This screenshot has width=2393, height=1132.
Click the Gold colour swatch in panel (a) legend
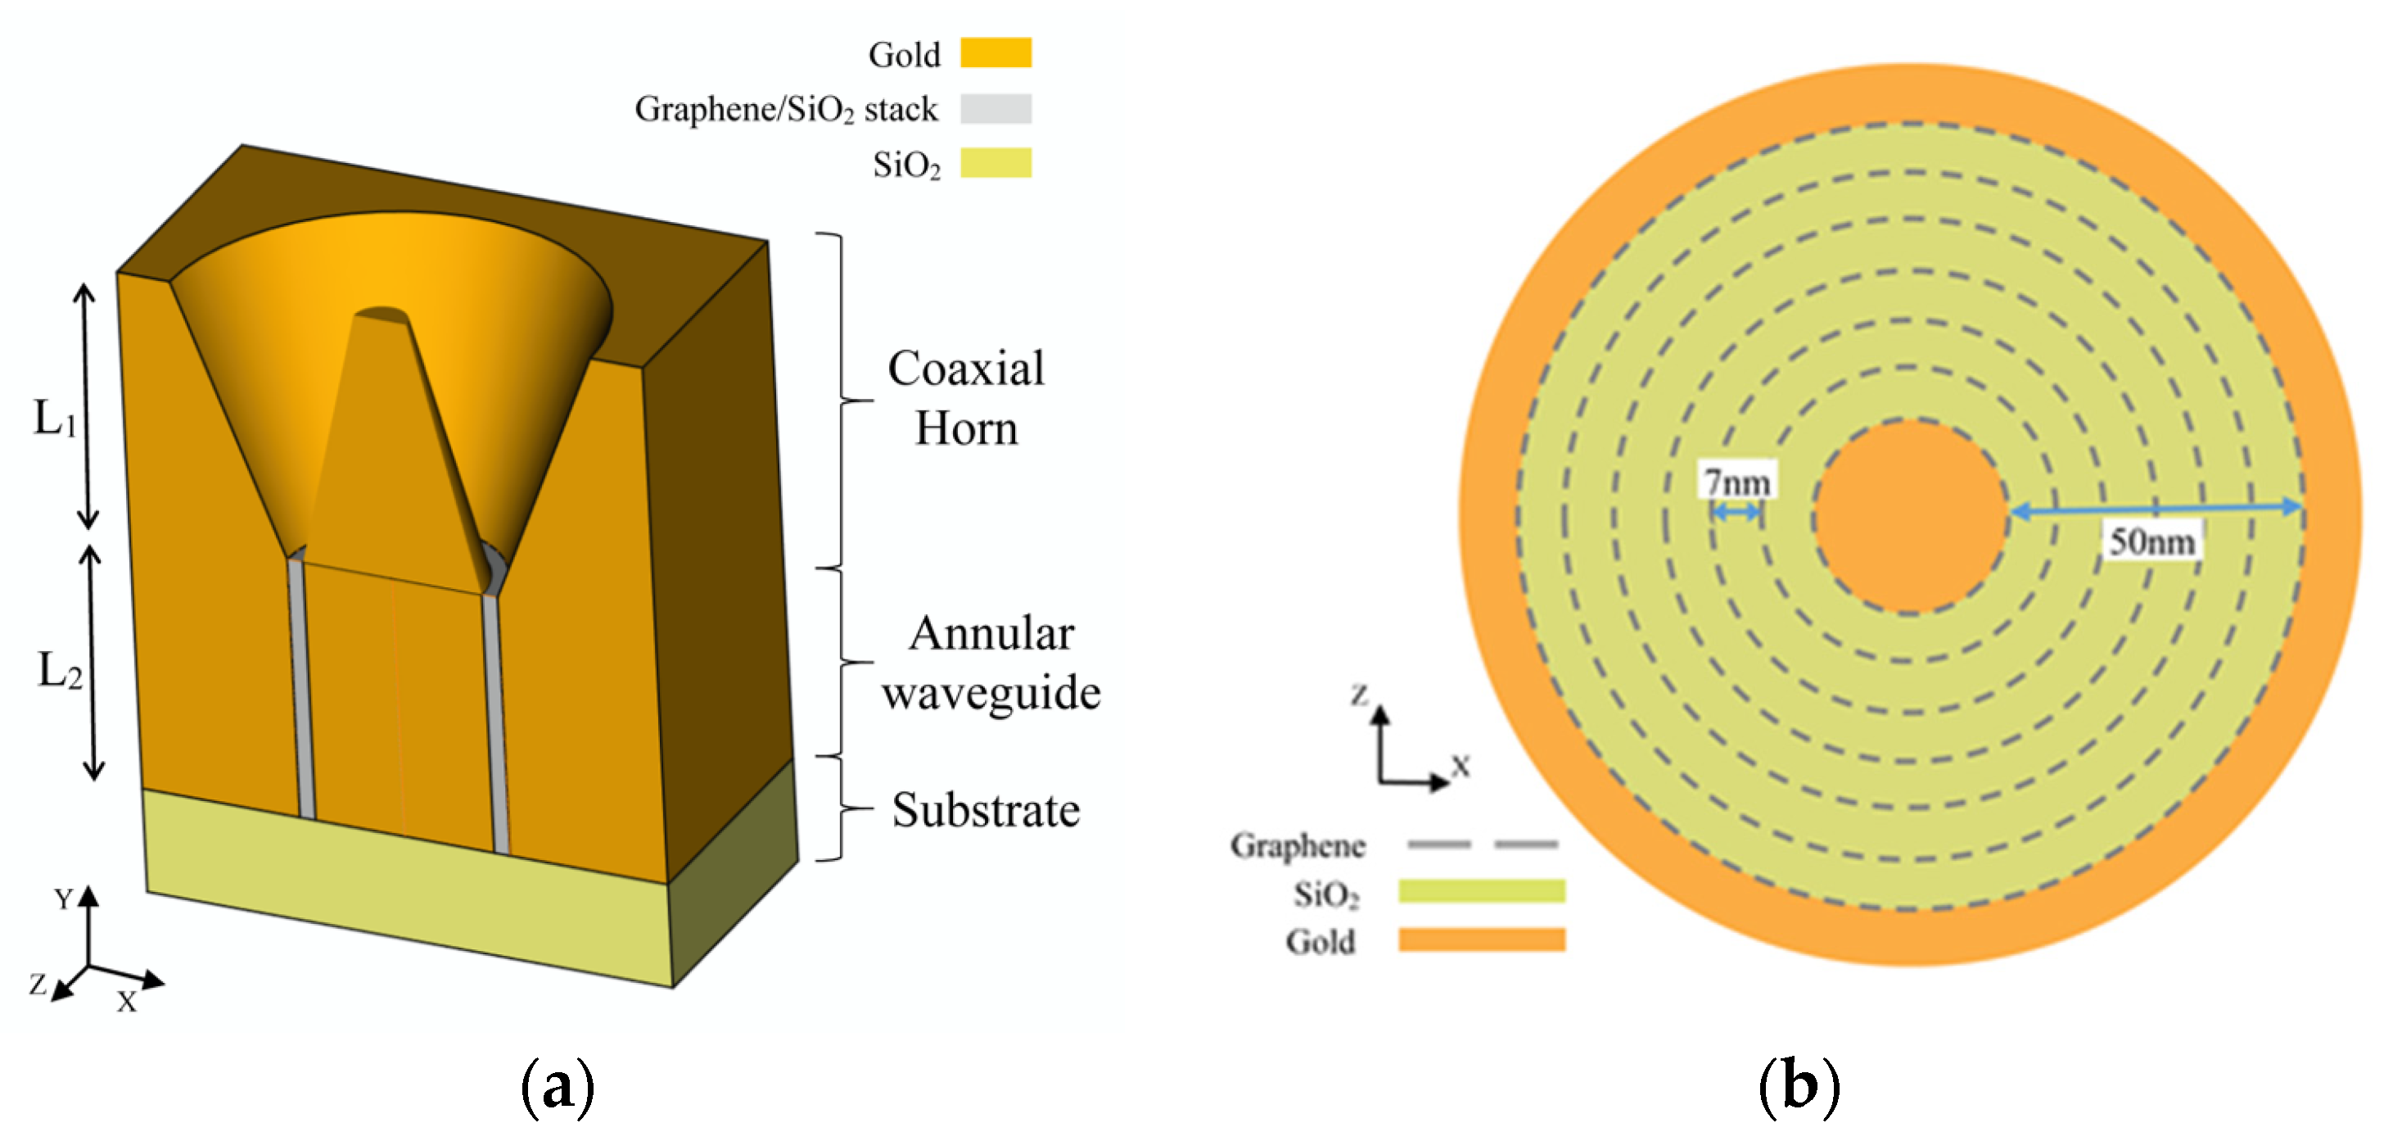point(995,53)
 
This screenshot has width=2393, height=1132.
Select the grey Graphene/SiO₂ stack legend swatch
point(995,109)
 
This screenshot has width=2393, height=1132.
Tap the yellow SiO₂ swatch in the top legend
point(995,163)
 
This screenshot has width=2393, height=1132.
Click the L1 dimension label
point(54,419)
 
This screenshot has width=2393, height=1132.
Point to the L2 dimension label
point(58,670)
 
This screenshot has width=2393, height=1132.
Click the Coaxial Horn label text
point(965,398)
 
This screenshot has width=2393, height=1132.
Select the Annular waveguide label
point(991,663)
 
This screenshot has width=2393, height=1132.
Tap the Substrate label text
point(985,809)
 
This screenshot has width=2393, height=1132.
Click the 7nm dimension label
point(1736,482)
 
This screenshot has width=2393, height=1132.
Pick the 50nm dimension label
point(2151,541)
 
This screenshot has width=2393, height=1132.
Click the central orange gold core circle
point(1909,517)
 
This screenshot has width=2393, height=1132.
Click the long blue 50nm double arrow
point(2156,509)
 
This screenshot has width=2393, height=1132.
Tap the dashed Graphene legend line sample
point(1482,844)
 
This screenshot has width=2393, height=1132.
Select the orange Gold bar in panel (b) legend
point(1481,940)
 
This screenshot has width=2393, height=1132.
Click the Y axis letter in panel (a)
point(63,899)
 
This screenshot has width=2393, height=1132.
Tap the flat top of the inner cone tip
point(382,316)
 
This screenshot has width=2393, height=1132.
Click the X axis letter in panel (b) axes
point(1461,767)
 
